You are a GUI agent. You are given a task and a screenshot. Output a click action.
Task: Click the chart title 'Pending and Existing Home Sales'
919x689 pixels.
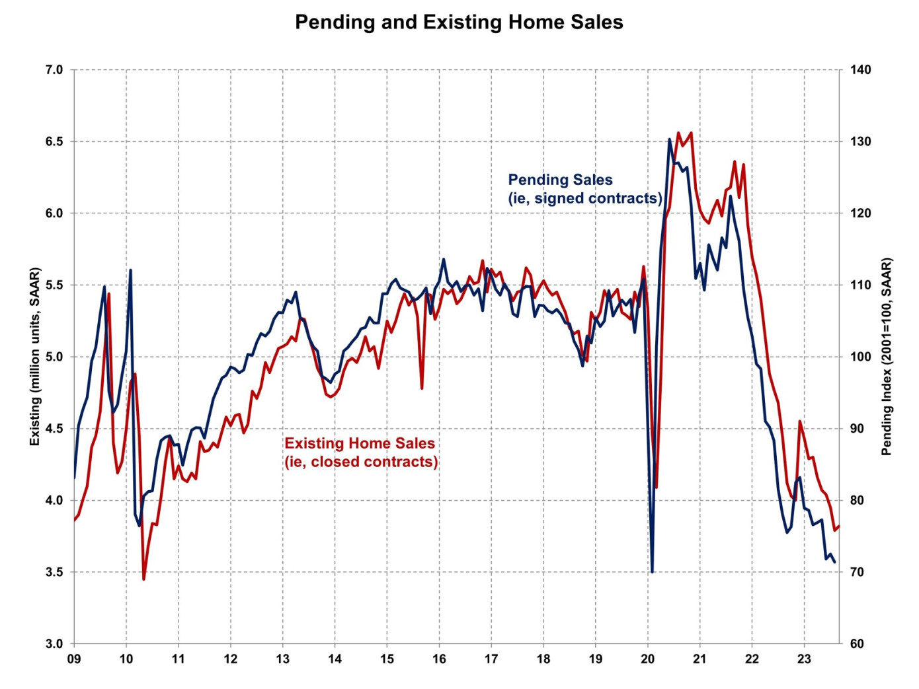tap(459, 22)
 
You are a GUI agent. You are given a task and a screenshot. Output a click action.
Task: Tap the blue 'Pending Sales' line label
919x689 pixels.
tap(584, 189)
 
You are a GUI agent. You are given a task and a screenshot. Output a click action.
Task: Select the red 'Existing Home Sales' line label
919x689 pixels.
tap(361, 453)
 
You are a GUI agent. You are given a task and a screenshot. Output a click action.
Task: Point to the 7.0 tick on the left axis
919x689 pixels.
tap(54, 69)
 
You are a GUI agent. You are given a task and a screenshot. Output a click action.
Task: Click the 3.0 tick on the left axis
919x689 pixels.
tap(54, 644)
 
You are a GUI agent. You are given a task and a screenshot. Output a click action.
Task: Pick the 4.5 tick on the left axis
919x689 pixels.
tap(54, 429)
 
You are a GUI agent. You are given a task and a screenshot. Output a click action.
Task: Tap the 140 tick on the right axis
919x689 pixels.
tap(860, 69)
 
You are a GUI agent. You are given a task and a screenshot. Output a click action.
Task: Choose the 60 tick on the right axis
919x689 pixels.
tap(857, 644)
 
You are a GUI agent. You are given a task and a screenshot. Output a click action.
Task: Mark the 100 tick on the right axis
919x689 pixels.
tap(860, 357)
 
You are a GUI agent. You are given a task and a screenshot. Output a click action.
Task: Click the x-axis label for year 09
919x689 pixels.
tap(74, 659)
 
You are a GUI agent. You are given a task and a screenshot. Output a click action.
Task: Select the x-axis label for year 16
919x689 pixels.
tap(439, 659)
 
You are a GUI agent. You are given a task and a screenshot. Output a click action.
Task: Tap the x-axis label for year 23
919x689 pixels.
tap(804, 659)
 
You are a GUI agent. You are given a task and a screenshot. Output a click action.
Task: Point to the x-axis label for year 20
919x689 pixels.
tap(647, 659)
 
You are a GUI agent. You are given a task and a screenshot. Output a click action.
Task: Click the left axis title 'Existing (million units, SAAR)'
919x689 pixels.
tap(35, 357)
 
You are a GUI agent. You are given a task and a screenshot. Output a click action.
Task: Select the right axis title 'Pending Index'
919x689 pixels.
tap(887, 357)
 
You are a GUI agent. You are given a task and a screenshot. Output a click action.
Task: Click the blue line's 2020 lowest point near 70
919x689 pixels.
tap(652, 571)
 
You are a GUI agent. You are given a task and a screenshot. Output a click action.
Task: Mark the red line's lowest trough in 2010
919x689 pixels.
tap(143, 579)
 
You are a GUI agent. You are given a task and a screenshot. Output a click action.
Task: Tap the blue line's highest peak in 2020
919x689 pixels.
tap(670, 139)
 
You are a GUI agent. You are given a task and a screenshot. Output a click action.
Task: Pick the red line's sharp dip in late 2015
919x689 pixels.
tap(422, 388)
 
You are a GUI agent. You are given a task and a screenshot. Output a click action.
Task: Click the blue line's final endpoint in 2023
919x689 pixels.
tap(834, 562)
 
